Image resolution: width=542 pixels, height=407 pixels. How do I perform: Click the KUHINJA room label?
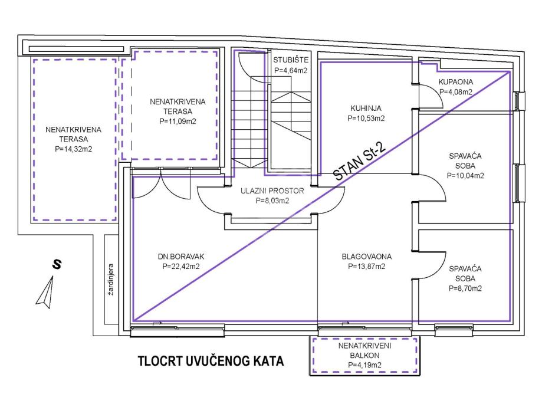[366, 108]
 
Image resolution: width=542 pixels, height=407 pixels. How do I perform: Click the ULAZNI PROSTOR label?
[272, 191]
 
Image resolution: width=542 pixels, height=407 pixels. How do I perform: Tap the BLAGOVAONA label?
[366, 257]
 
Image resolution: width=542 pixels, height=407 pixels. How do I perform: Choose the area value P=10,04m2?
[465, 175]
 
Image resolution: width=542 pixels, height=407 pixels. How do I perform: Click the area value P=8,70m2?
[465, 288]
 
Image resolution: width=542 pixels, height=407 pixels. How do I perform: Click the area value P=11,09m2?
[178, 121]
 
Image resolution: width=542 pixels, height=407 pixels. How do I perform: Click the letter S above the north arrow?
[57, 265]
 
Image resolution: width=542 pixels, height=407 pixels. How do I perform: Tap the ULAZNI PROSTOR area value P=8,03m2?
[272, 201]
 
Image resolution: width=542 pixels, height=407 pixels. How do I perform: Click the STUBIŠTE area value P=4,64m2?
[291, 70]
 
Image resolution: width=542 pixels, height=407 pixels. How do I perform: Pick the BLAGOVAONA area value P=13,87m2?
[366, 267]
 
